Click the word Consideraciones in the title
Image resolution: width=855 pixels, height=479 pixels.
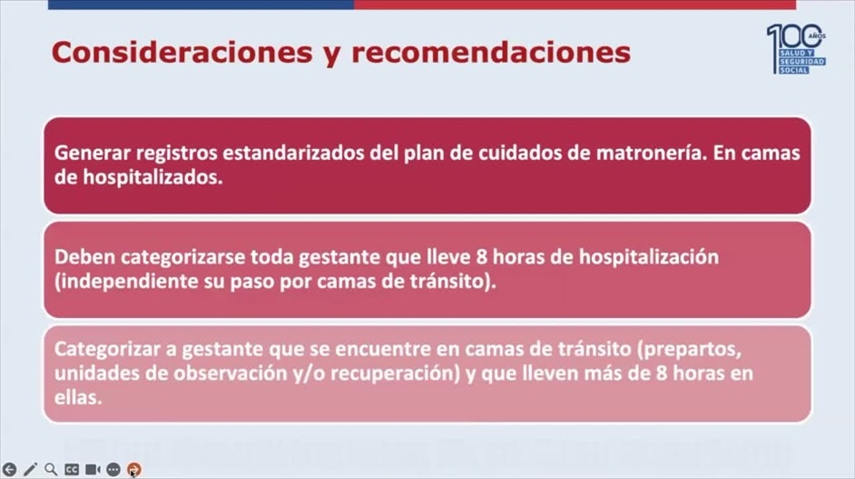(182, 53)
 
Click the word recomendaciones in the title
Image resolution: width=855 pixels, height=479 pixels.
(491, 53)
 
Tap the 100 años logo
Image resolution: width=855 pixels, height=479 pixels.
(796, 48)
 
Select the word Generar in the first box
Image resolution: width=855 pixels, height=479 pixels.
(93, 153)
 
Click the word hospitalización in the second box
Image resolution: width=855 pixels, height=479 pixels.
(648, 257)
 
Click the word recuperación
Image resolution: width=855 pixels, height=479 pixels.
(396, 373)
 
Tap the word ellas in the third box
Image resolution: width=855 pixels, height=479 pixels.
(78, 397)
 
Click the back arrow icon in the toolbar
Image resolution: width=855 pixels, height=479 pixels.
(9, 469)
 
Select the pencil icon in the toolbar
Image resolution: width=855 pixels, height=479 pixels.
(30, 469)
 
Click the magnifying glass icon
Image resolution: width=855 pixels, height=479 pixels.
(51, 469)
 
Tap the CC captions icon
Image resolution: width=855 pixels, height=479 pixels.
(72, 470)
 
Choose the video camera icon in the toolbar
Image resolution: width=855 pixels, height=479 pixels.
(93, 469)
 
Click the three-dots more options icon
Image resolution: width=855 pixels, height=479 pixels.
(113, 469)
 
